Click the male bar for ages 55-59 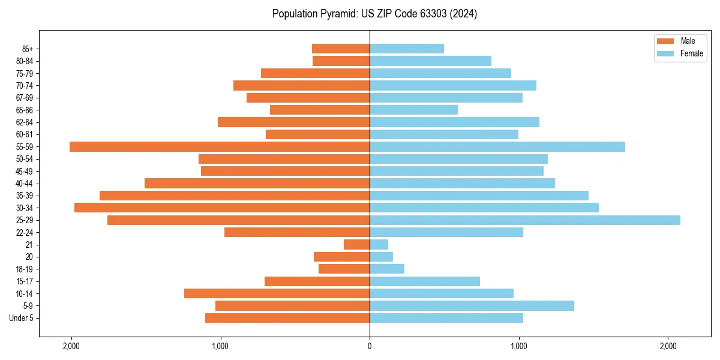pos(220,146)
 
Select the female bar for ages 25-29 pos(525,220)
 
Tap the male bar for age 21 pos(356,245)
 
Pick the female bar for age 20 pos(382,257)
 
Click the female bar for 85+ pos(407,49)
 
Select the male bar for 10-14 pos(277,293)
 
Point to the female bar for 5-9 pos(472,306)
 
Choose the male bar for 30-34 pos(222,208)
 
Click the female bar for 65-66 pos(413,110)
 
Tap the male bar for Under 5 pos(287,318)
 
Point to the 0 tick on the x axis pos(370,346)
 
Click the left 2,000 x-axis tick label pos(71,346)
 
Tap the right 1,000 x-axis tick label pos(518,346)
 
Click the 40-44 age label pos(25,184)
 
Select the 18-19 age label pos(25,269)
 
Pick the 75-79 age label pos(25,73)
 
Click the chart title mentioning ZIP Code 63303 pos(374,14)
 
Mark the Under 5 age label pos(22,318)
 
